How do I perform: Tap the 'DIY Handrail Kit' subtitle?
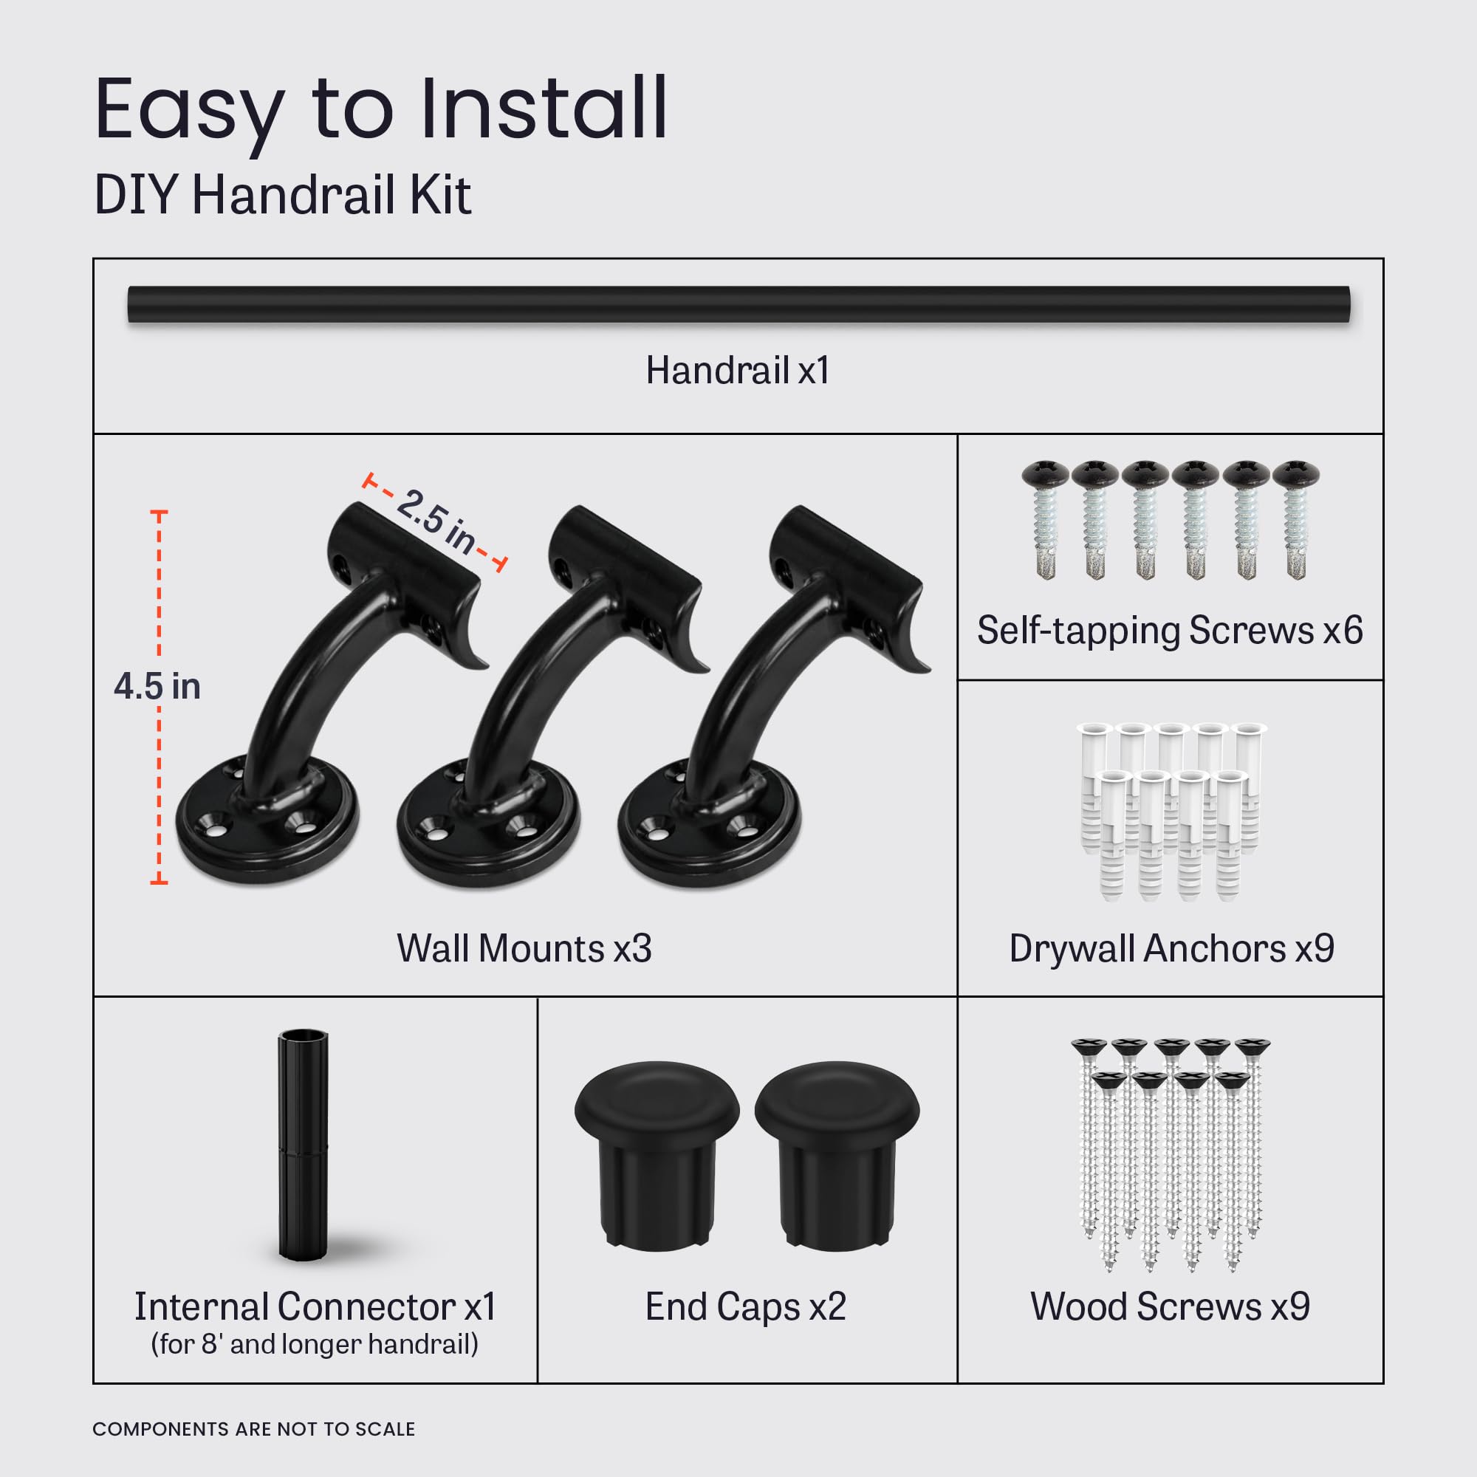point(282,195)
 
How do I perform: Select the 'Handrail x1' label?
point(738,371)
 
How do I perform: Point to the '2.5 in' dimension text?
point(435,521)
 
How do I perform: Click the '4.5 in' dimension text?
point(157,687)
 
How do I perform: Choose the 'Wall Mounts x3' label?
point(524,949)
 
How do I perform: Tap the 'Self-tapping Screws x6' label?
point(1170,631)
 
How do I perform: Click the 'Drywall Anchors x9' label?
point(1171,949)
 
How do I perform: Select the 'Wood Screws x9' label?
point(1170,1306)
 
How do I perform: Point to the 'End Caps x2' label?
point(745,1306)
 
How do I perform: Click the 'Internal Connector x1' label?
point(315,1306)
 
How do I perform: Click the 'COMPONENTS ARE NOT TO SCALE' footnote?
point(254,1429)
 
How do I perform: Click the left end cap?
point(657,1147)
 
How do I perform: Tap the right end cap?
point(837,1147)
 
